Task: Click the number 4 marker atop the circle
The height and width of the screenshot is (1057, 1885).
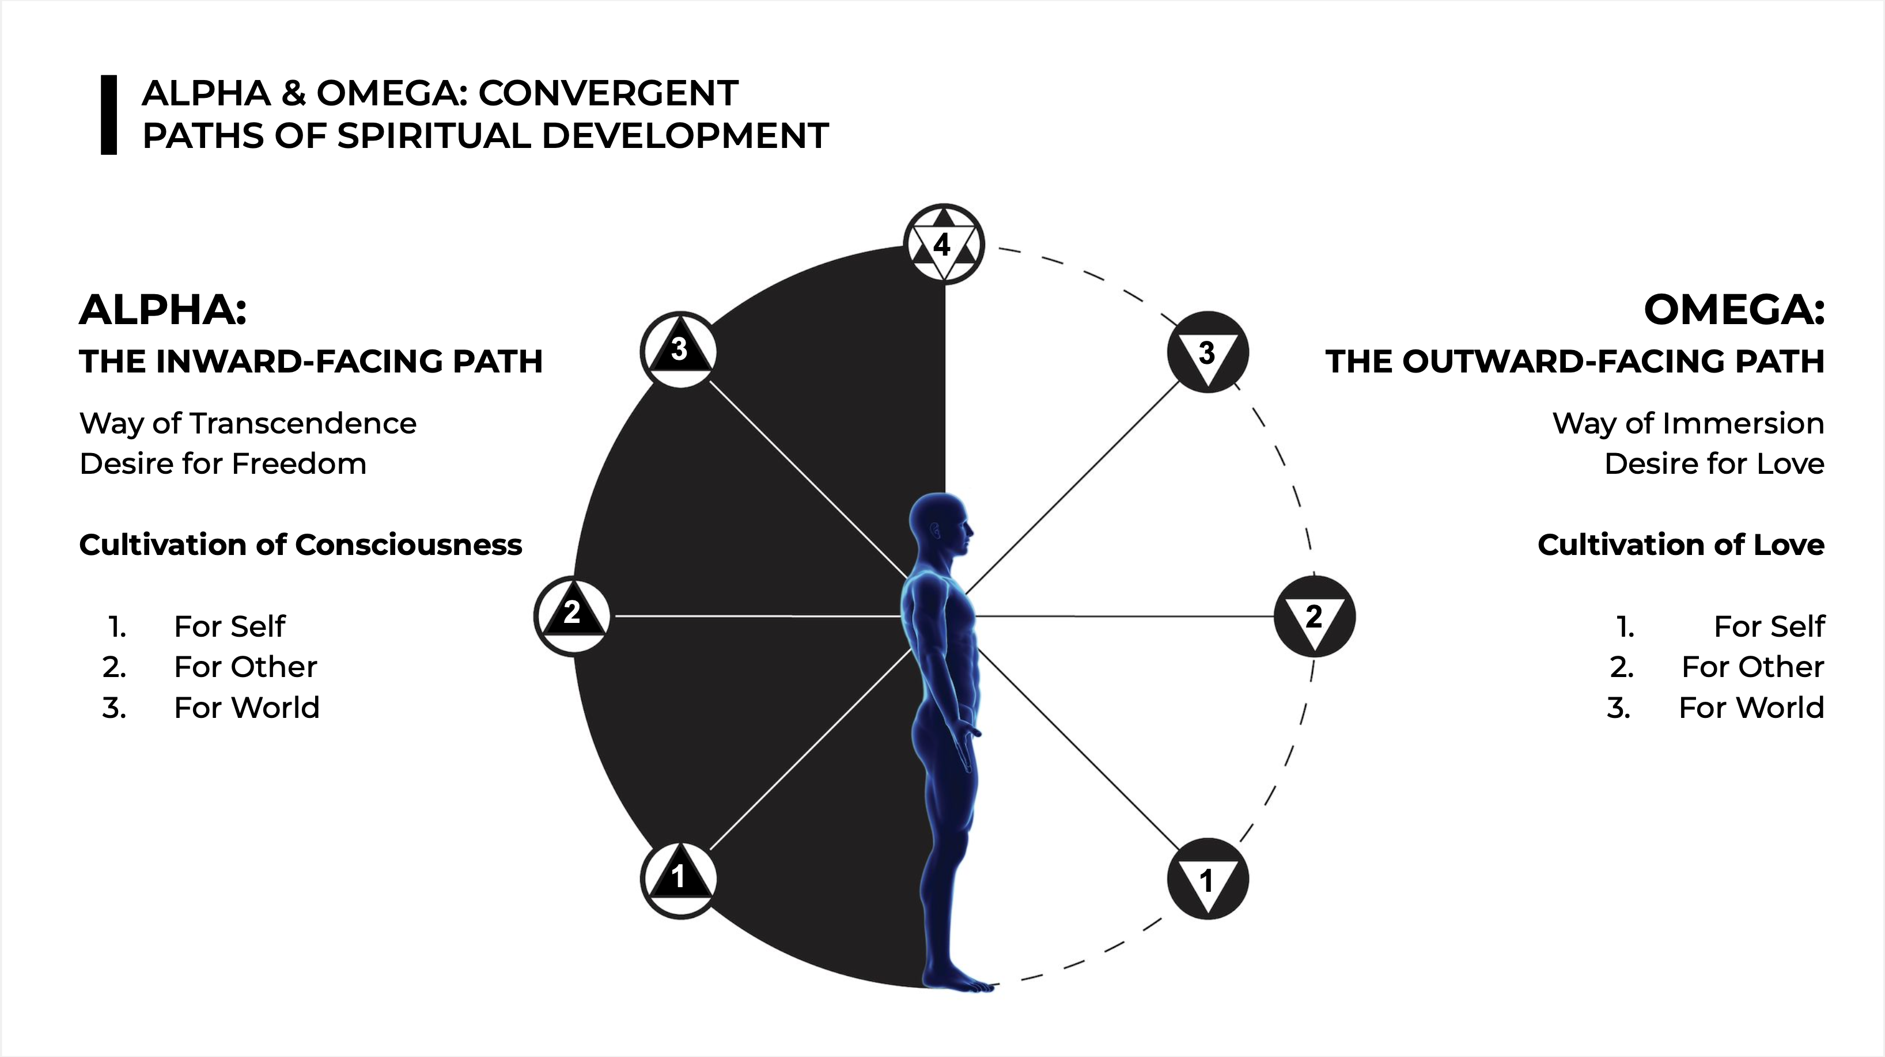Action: [x=944, y=244]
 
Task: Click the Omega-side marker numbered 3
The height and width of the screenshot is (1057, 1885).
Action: [x=1208, y=352]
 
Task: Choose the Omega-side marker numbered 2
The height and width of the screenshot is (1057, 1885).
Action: [x=1314, y=616]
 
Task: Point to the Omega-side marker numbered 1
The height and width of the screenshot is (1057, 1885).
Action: [x=1208, y=879]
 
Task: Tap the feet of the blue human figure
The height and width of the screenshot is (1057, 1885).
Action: [x=959, y=980]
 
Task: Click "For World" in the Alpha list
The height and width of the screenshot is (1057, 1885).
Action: [x=247, y=708]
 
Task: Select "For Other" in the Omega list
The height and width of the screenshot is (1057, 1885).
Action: [x=1752, y=667]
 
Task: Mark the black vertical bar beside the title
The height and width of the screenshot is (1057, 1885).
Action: [x=108, y=115]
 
